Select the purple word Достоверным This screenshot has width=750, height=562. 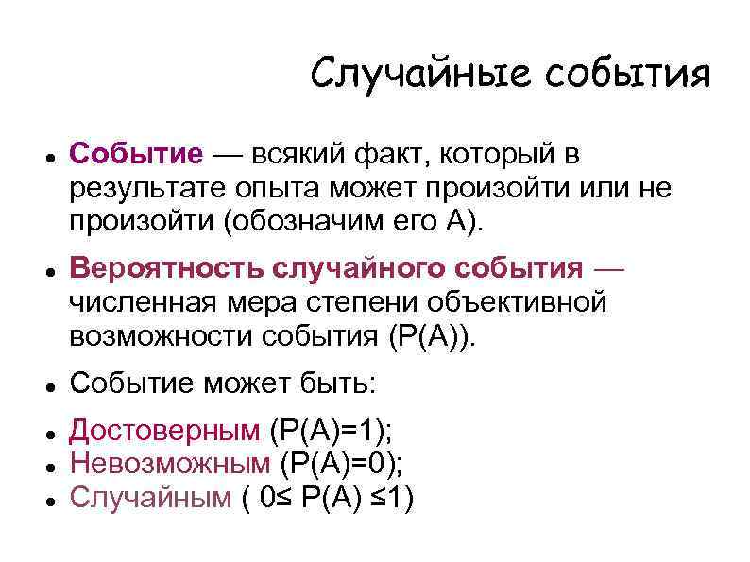164,431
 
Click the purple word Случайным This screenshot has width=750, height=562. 150,497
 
